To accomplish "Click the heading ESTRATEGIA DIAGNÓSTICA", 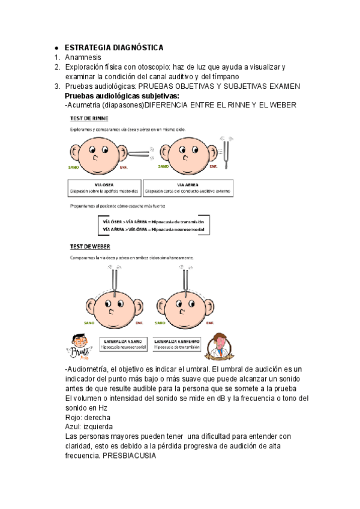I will click(x=114, y=47).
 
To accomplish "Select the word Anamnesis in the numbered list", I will click(x=83, y=58).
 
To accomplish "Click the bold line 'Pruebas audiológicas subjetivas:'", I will click(x=122, y=96).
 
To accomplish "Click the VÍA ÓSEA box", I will click(x=104, y=188).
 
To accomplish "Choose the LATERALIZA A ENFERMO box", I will click(x=176, y=343).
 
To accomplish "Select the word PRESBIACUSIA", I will click(x=129, y=456).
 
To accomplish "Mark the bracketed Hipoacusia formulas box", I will click(x=154, y=225).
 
